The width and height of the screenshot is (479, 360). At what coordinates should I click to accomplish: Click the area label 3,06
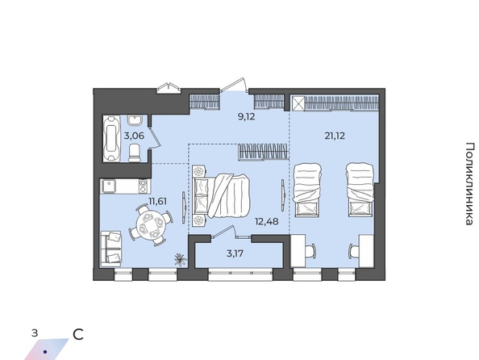(134, 136)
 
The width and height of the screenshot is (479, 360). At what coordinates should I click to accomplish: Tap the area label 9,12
(246, 116)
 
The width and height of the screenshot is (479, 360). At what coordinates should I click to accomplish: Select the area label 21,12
(335, 136)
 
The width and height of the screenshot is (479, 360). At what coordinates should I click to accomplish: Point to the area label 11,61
(157, 201)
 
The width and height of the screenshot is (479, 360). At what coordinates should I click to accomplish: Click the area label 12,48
(267, 221)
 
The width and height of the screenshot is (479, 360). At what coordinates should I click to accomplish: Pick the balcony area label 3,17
(235, 253)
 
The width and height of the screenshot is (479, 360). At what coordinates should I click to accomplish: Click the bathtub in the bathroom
(111, 139)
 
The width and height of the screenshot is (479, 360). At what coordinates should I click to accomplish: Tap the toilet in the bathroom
(135, 153)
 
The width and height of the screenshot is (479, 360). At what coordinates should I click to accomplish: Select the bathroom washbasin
(134, 120)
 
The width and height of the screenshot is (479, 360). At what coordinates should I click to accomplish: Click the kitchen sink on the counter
(108, 186)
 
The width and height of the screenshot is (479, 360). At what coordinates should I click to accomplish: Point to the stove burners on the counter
(143, 186)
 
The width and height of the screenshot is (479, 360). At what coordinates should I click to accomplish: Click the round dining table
(150, 225)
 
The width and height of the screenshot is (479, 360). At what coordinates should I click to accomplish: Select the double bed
(222, 195)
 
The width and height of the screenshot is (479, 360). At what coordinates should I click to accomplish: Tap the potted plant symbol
(181, 259)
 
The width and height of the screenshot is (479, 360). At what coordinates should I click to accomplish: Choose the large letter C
(78, 335)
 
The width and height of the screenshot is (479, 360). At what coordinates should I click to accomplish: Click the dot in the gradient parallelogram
(45, 352)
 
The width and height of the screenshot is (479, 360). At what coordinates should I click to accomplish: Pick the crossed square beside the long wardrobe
(298, 103)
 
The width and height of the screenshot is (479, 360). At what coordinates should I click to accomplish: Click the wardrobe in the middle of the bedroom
(263, 152)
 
